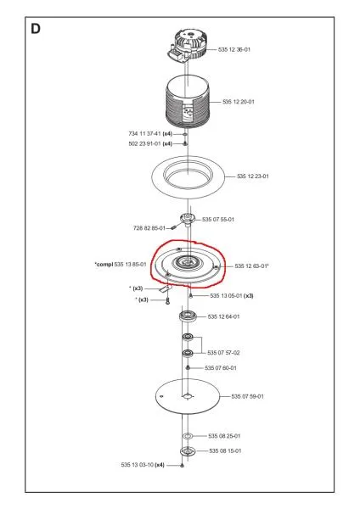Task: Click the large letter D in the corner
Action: [x=36, y=29]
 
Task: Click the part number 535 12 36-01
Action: [x=234, y=50]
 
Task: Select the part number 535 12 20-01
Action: [x=239, y=102]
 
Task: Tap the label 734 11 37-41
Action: [x=144, y=134]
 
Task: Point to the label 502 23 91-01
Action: [x=144, y=144]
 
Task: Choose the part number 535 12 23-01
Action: [x=253, y=176]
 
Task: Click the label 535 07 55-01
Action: [x=218, y=220]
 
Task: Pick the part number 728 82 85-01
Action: [x=149, y=228]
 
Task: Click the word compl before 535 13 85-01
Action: [x=105, y=265]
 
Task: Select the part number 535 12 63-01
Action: [x=250, y=266]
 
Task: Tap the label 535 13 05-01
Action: [x=226, y=296]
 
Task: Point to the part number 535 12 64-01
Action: [x=223, y=316]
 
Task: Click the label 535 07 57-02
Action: [x=223, y=353]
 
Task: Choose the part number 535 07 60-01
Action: [x=221, y=368]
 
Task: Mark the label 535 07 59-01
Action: [x=248, y=396]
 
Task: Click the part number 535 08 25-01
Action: [x=224, y=436]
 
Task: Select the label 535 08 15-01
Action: [x=225, y=451]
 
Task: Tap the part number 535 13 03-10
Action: [x=137, y=465]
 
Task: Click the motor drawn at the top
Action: [x=188, y=45]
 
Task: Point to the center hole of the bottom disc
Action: [x=187, y=396]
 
